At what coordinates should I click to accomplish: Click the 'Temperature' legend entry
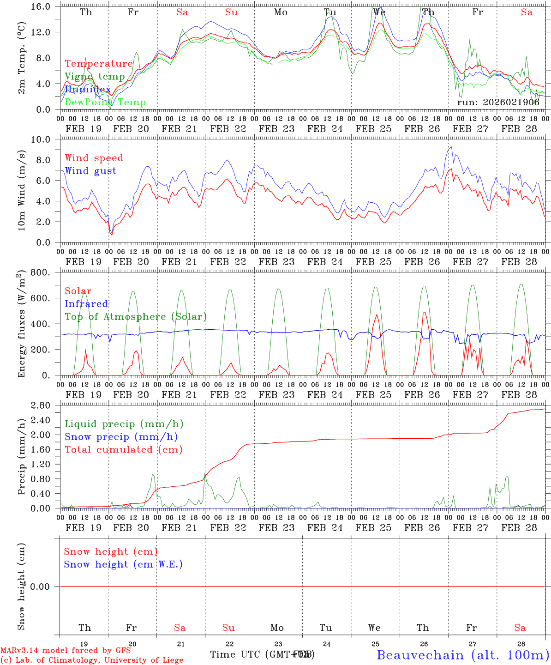pyautogui.click(x=99, y=64)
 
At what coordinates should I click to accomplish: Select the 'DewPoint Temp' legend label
pyautogui.click(x=105, y=103)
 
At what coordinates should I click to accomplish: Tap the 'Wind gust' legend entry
pyautogui.click(x=90, y=171)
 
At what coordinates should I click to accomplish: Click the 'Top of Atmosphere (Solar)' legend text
pyautogui.click(x=136, y=317)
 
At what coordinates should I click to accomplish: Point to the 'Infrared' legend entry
pyautogui.click(x=86, y=304)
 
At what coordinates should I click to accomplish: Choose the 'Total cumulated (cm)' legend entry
pyautogui.click(x=124, y=449)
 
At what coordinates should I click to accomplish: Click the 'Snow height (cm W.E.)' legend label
pyautogui.click(x=123, y=564)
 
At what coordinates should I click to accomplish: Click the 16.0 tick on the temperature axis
pyautogui.click(x=45, y=6)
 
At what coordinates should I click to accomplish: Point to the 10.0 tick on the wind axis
pyautogui.click(x=45, y=139)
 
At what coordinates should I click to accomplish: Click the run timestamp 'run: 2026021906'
pyautogui.click(x=498, y=103)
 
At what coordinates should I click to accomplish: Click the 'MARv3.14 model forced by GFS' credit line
pyautogui.click(x=66, y=650)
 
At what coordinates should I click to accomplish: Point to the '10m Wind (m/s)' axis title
pyautogui.click(x=22, y=191)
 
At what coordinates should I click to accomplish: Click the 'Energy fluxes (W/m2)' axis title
pyautogui.click(x=22, y=324)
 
